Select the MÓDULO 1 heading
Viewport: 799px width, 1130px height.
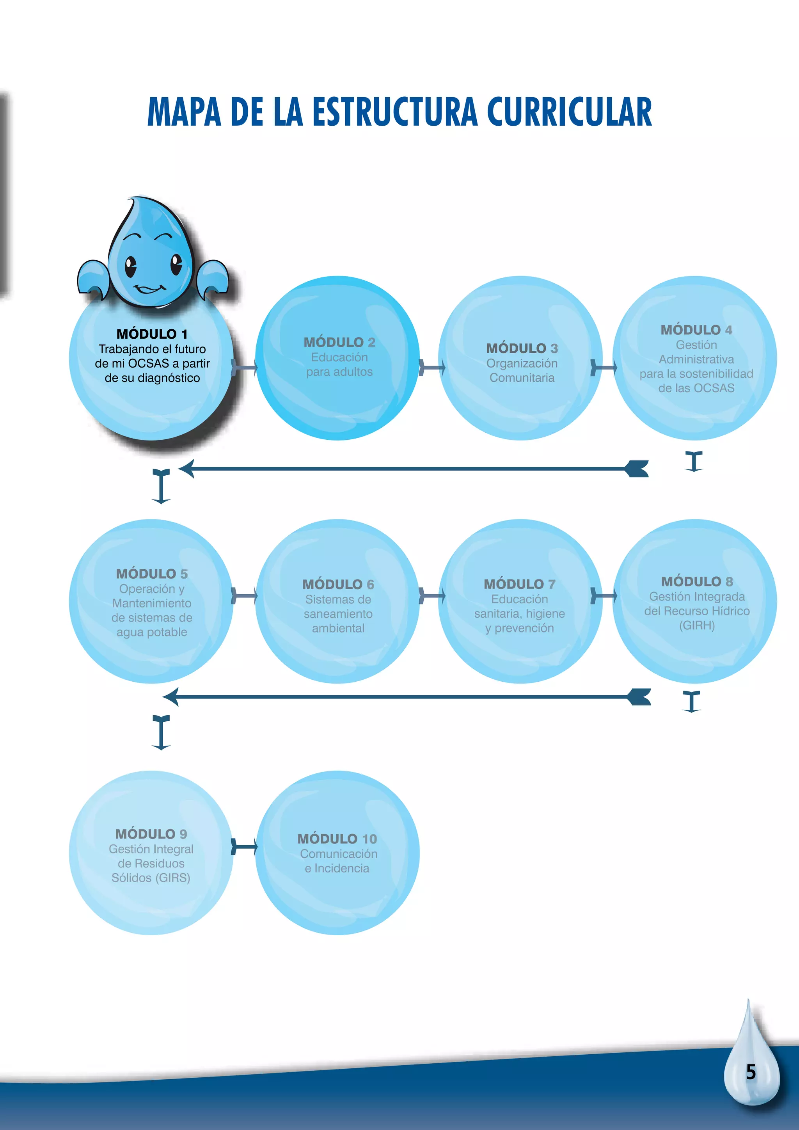[152, 334]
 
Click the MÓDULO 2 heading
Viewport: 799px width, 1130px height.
[339, 342]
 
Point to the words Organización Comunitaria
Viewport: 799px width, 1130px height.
[522, 371]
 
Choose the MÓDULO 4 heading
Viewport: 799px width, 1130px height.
[696, 330]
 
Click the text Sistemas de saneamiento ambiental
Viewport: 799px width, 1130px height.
[338, 614]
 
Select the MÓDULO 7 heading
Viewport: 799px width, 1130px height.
[520, 584]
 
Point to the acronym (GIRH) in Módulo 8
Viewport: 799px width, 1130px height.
[697, 625]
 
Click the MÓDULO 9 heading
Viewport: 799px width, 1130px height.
[151, 834]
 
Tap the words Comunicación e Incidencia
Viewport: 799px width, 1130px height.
[338, 861]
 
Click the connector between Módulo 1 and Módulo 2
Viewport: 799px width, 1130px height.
[244, 367]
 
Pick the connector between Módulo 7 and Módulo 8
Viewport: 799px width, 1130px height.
[603, 596]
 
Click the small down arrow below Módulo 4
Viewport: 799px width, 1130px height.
[694, 462]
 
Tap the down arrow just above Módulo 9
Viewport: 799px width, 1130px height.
[161, 732]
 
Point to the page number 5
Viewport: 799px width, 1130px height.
[751, 1072]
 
